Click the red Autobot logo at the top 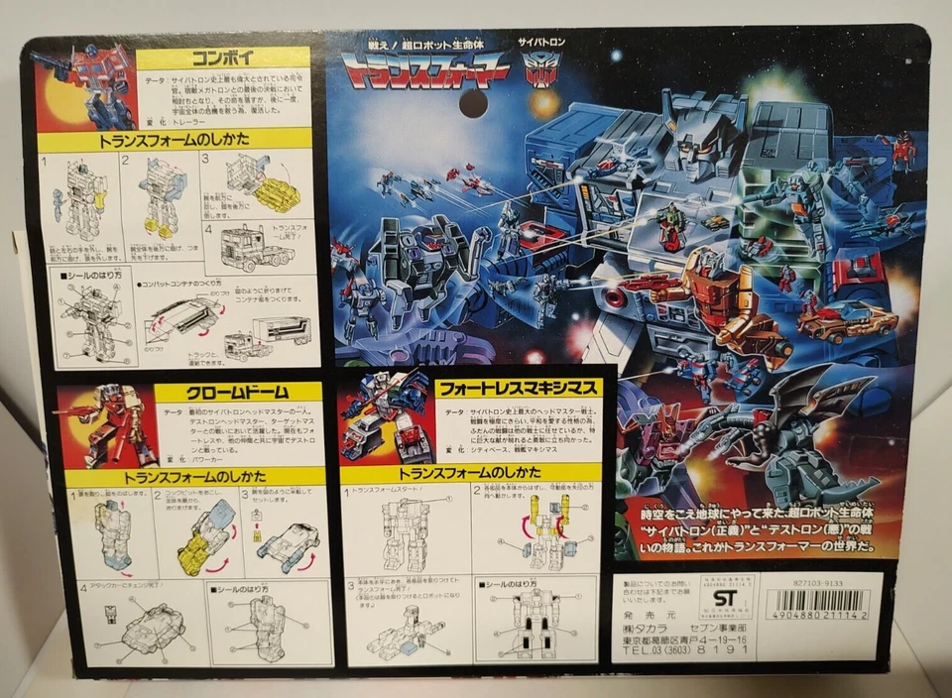pos(541,68)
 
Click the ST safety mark pos(726,599)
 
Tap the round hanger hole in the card pos(473,103)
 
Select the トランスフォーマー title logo pos(425,70)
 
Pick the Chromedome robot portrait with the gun pos(105,426)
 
